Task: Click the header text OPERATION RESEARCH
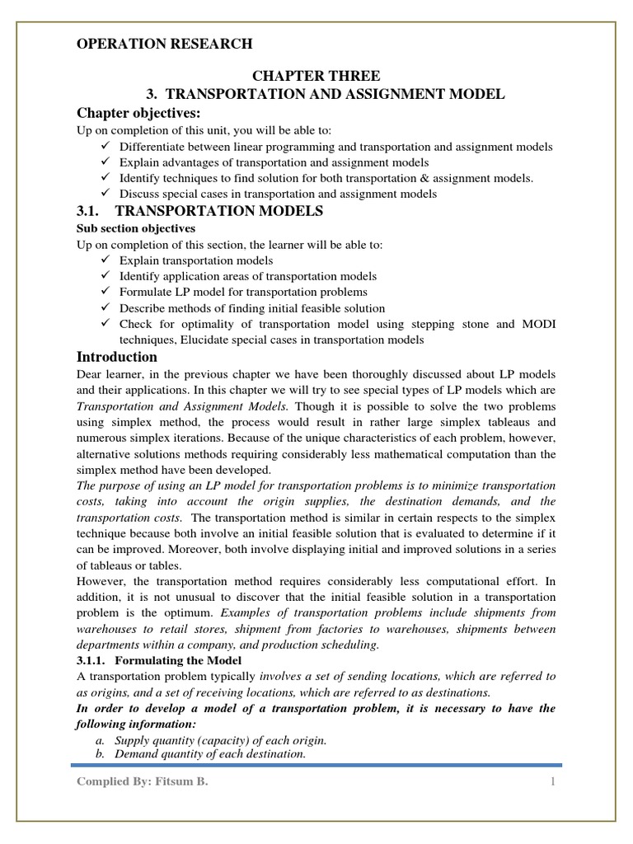click(x=165, y=44)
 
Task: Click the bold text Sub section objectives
click(x=136, y=228)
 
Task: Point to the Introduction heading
click(x=116, y=357)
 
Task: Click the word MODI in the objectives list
click(x=539, y=324)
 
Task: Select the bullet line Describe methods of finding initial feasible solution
click(x=251, y=308)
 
